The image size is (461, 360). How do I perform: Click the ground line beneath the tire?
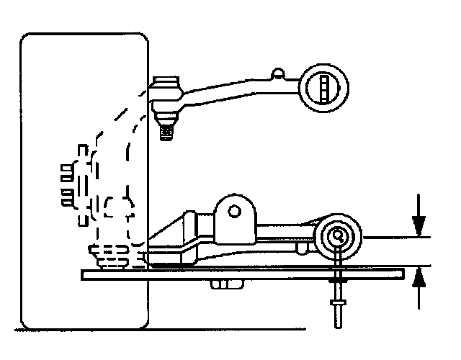(x=216, y=330)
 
